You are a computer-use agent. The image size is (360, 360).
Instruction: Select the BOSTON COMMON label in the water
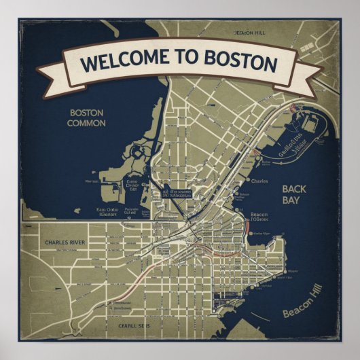(x=86, y=118)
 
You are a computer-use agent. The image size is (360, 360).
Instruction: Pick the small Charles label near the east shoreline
(x=259, y=181)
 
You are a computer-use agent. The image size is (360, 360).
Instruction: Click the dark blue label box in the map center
(x=176, y=194)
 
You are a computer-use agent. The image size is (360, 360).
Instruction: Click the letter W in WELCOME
(x=88, y=64)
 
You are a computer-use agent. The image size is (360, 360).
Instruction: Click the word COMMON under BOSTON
(x=86, y=124)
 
